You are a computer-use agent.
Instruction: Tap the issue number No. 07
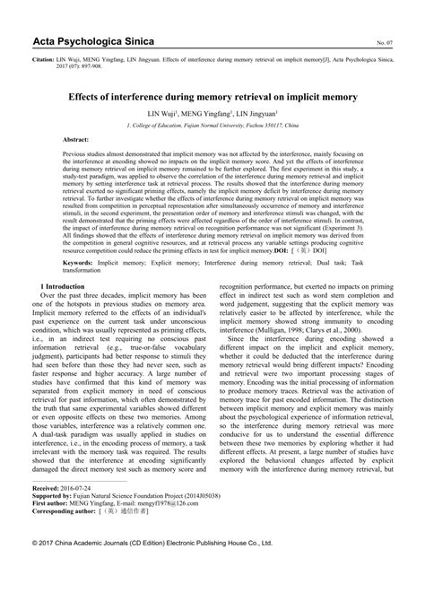[x=384, y=43]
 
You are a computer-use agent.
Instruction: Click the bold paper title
[x=212, y=94]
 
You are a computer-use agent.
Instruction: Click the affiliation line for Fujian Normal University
[x=212, y=126]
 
